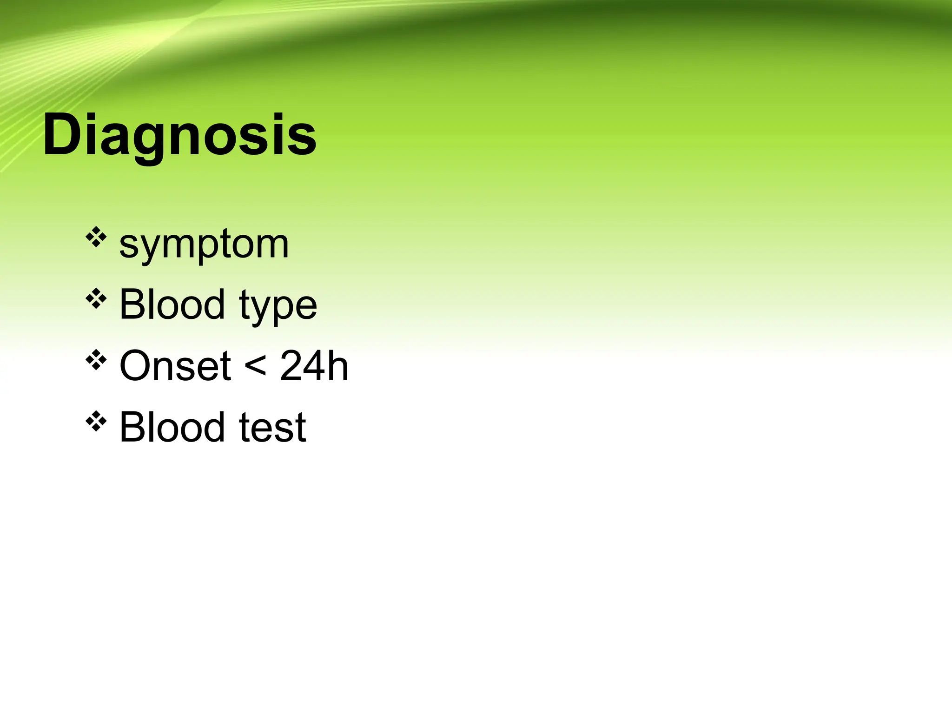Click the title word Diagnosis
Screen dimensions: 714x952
click(x=179, y=136)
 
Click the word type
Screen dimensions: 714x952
click(x=278, y=306)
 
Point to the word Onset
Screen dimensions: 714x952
click(x=175, y=366)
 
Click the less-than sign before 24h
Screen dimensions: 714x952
click(x=255, y=365)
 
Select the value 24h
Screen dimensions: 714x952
click(x=314, y=366)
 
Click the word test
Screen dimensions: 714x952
click(x=272, y=428)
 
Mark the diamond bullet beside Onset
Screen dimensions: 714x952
click(x=96, y=360)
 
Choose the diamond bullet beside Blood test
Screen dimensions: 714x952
click(x=96, y=421)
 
